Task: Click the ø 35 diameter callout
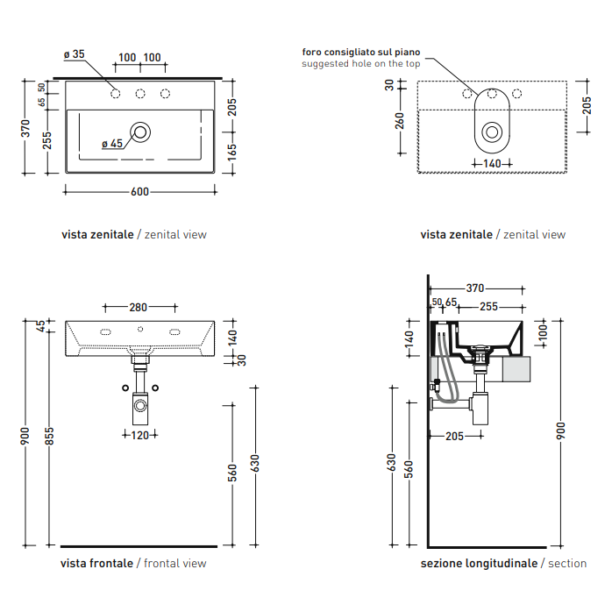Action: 75,54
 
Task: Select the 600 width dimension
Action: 139,192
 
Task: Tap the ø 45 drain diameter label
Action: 112,144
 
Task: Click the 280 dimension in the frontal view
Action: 139,308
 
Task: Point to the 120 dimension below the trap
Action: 139,435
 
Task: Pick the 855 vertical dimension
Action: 49,436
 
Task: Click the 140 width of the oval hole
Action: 492,164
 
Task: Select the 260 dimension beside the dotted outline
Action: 399,121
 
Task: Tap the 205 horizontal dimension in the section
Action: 454,436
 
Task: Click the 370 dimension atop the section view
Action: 475,288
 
